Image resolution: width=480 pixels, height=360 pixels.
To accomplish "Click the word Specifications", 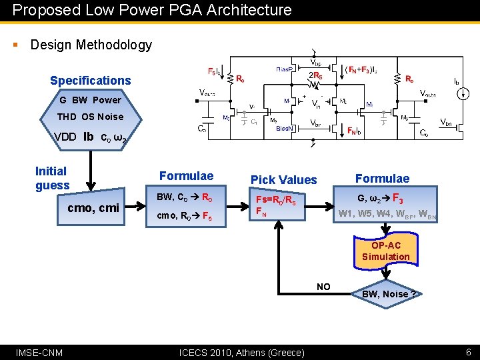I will [91, 81].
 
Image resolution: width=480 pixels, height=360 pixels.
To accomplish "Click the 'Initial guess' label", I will [52, 178].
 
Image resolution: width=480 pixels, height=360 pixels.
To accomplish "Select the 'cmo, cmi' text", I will [93, 208].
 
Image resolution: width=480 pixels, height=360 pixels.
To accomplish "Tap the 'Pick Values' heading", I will [283, 179].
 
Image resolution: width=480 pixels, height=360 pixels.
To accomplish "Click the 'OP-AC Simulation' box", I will [385, 251].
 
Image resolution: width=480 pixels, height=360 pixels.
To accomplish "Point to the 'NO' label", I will [323, 287].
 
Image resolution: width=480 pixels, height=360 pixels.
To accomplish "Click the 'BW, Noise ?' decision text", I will [389, 294].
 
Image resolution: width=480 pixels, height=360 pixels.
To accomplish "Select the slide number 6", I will [468, 351].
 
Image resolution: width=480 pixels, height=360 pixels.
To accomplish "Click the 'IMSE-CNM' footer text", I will [39, 351].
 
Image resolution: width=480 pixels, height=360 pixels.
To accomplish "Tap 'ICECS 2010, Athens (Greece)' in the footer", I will [243, 352].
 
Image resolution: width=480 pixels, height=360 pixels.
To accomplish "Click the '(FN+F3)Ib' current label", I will [368, 69].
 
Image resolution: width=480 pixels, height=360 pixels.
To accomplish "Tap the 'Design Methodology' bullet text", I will [91, 45].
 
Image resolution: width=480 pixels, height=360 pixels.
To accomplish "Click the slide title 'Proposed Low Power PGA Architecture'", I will [152, 10].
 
